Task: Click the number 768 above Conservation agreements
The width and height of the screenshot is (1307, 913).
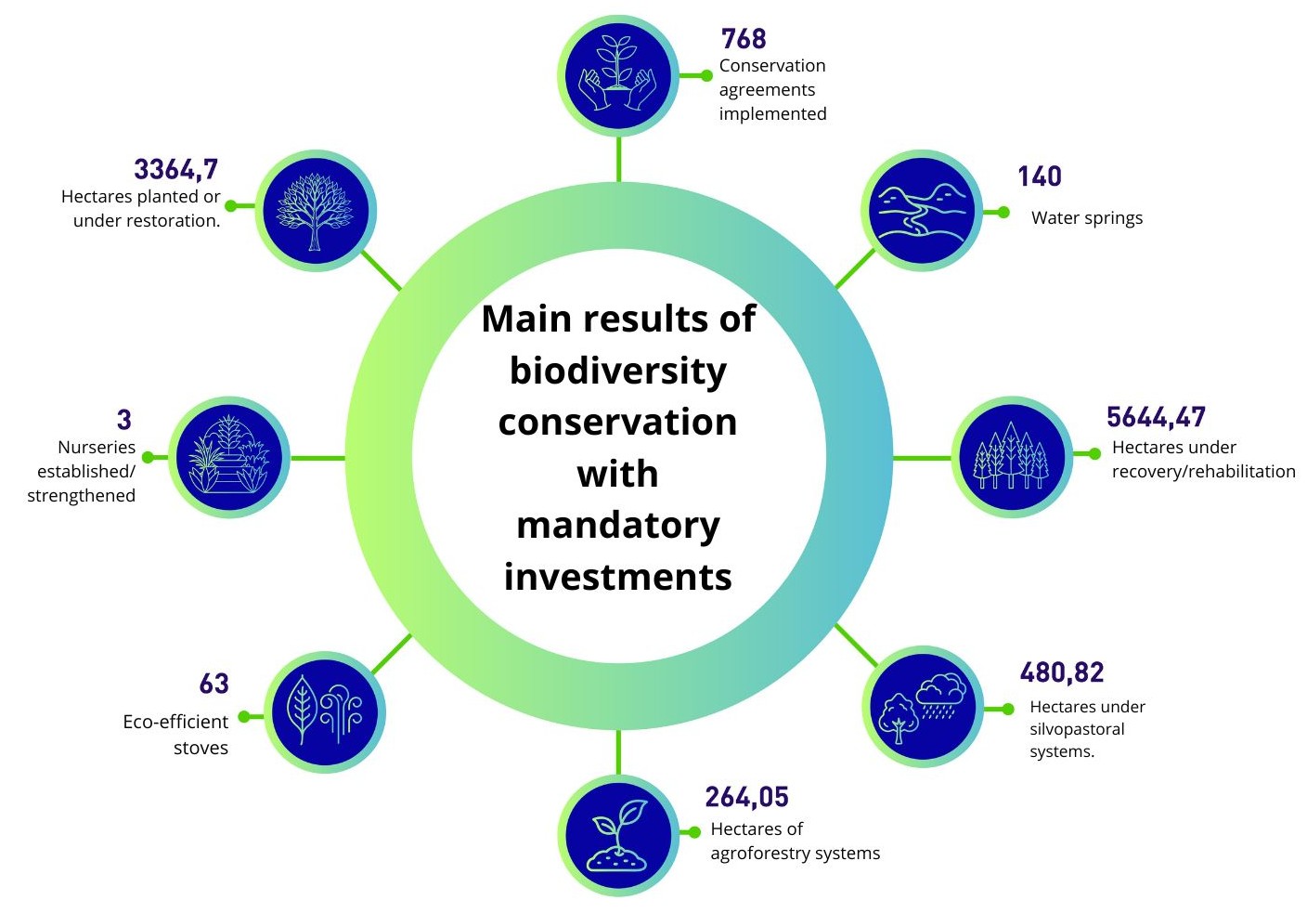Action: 744,39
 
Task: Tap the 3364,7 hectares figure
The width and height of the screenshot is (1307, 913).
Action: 175,169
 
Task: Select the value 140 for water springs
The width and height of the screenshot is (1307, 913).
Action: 1039,176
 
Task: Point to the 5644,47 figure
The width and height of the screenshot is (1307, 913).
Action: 1156,417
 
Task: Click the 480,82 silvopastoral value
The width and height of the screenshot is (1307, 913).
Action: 1062,672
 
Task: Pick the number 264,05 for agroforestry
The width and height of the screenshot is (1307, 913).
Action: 747,797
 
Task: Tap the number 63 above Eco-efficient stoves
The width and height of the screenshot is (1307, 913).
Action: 214,684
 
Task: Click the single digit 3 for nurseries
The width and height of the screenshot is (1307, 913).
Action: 123,419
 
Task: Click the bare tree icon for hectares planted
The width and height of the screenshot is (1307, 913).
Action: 316,211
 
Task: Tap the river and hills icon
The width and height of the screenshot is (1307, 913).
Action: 922,211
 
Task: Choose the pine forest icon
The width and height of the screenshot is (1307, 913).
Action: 1013,457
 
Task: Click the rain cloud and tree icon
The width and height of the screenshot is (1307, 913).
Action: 923,707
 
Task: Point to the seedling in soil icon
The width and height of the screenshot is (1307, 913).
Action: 618,835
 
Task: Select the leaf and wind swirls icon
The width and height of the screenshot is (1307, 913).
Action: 325,712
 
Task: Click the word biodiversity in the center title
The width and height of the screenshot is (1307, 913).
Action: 618,372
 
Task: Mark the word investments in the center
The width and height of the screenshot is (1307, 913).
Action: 618,577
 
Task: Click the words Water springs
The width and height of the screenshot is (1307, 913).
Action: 1087,218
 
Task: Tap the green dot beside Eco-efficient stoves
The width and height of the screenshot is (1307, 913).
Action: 244,716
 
